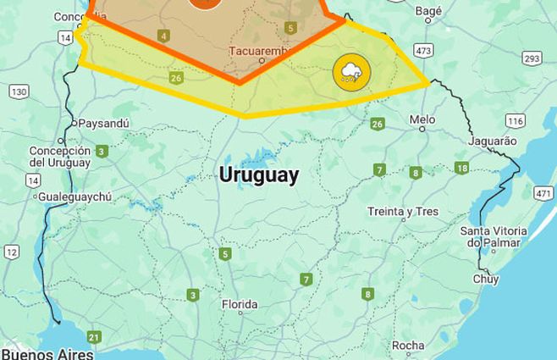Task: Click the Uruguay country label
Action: (x=258, y=175)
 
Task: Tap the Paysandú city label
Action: (x=103, y=124)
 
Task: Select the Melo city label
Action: (x=422, y=120)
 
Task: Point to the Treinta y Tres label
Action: (x=403, y=212)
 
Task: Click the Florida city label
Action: (x=240, y=304)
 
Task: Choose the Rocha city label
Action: (x=408, y=346)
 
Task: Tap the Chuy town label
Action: (x=486, y=278)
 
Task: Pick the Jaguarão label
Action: (x=491, y=141)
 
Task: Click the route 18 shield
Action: (x=461, y=168)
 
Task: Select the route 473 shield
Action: (x=424, y=52)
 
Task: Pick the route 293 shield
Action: (x=532, y=58)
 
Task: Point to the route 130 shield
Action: (x=19, y=91)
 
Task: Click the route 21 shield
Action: (x=93, y=337)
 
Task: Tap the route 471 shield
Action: (x=543, y=194)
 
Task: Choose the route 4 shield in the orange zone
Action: (x=163, y=36)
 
